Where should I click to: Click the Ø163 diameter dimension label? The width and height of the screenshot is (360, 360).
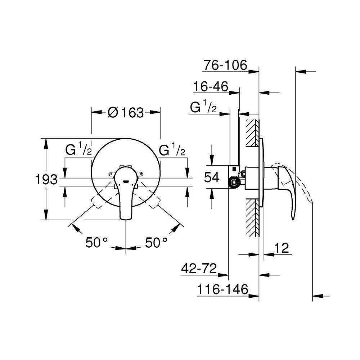click(126, 113)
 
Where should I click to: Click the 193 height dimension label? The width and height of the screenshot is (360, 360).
click(46, 179)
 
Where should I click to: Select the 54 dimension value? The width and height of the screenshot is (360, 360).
click(212, 177)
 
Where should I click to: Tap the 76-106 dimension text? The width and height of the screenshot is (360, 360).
click(225, 65)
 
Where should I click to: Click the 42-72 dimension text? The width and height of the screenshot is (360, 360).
click(199, 268)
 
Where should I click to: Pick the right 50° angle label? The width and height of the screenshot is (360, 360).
click(157, 243)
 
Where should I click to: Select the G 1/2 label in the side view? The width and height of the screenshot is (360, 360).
click(203, 107)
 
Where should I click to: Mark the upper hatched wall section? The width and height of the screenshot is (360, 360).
click(252, 133)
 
